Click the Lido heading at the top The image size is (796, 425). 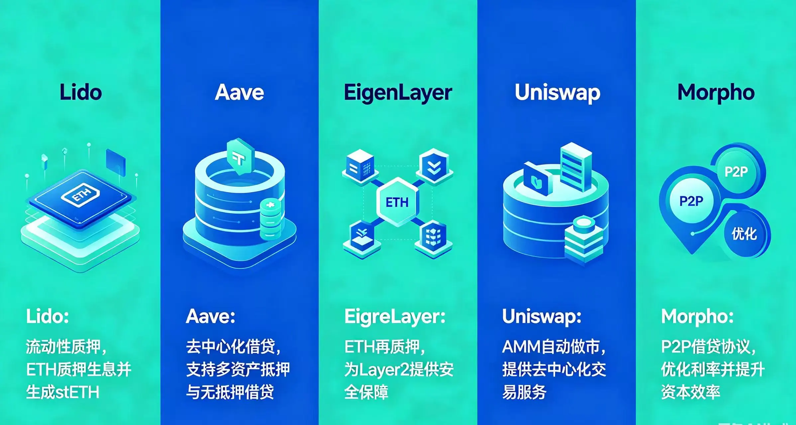tap(81, 92)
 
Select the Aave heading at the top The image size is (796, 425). tap(239, 92)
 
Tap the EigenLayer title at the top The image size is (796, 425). tap(398, 93)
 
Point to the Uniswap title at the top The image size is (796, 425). tap(557, 93)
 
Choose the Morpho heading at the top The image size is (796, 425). tap(716, 93)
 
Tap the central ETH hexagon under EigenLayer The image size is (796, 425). tap(397, 202)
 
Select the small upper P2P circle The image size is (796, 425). tap(736, 172)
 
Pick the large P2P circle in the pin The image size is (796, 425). tap(691, 201)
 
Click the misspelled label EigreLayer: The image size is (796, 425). tap(395, 317)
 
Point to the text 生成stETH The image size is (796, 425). tap(62, 392)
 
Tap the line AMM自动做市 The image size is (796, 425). tap(554, 347)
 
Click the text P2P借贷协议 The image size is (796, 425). tap(709, 347)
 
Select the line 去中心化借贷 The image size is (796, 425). tap(233, 347)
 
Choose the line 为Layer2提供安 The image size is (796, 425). tap(399, 370)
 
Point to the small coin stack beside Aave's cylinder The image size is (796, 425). tap(270, 220)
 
